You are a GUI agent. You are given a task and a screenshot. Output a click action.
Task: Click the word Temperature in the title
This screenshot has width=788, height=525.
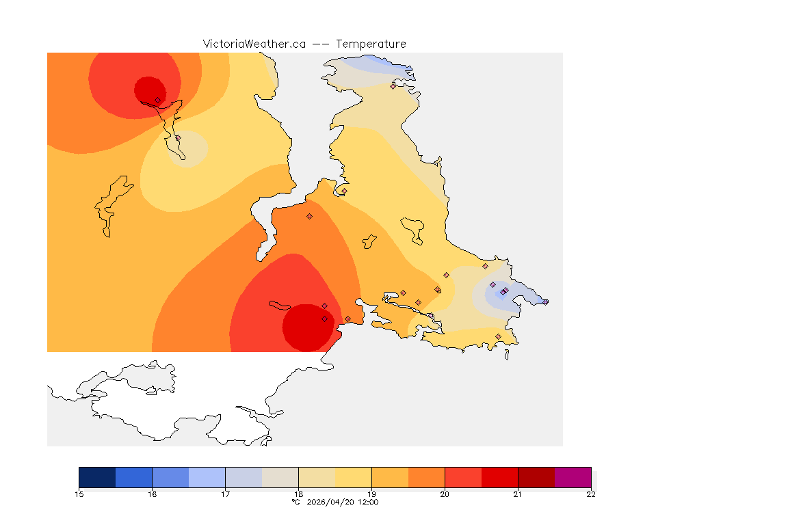(x=371, y=44)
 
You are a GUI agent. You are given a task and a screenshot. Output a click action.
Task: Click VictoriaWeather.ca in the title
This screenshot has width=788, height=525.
(x=254, y=44)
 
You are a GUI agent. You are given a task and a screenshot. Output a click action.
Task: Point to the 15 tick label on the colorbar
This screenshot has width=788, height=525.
(x=79, y=494)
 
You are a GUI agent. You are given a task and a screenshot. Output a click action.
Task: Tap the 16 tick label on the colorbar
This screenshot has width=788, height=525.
(x=152, y=494)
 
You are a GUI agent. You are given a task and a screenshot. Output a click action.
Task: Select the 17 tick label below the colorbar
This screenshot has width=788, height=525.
(x=225, y=494)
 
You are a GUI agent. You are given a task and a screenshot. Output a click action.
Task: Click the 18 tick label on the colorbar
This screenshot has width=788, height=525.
(x=298, y=494)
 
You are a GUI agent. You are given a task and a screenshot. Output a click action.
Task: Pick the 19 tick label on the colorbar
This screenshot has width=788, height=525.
(x=371, y=494)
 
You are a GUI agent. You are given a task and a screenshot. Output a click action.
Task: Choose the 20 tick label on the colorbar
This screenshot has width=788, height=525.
(x=445, y=494)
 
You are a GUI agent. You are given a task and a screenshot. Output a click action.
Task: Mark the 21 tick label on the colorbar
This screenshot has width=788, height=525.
(x=518, y=494)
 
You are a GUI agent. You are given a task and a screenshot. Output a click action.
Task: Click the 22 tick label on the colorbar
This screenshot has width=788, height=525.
(x=591, y=494)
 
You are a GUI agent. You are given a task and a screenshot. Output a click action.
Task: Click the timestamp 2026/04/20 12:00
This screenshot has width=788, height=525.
(x=341, y=502)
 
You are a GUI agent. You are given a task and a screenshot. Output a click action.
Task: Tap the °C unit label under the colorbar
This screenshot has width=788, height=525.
(x=295, y=502)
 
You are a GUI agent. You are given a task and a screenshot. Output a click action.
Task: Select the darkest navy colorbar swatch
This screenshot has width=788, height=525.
(x=97, y=477)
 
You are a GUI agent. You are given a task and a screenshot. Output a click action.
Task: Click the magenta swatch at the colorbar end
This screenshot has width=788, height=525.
(x=573, y=477)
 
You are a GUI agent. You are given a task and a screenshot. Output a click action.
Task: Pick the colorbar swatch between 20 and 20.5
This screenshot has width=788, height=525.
(x=463, y=477)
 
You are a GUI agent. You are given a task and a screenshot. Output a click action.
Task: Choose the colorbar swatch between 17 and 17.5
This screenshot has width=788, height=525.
(x=244, y=477)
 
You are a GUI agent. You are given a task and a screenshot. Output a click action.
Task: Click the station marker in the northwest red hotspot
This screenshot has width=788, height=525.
(x=157, y=100)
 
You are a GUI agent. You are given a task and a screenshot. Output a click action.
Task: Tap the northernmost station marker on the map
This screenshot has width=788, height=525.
(x=393, y=86)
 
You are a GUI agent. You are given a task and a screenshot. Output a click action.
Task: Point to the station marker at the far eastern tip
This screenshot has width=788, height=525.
(x=545, y=301)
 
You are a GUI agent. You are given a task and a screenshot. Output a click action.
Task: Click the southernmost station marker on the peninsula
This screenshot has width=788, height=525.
(x=498, y=336)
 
